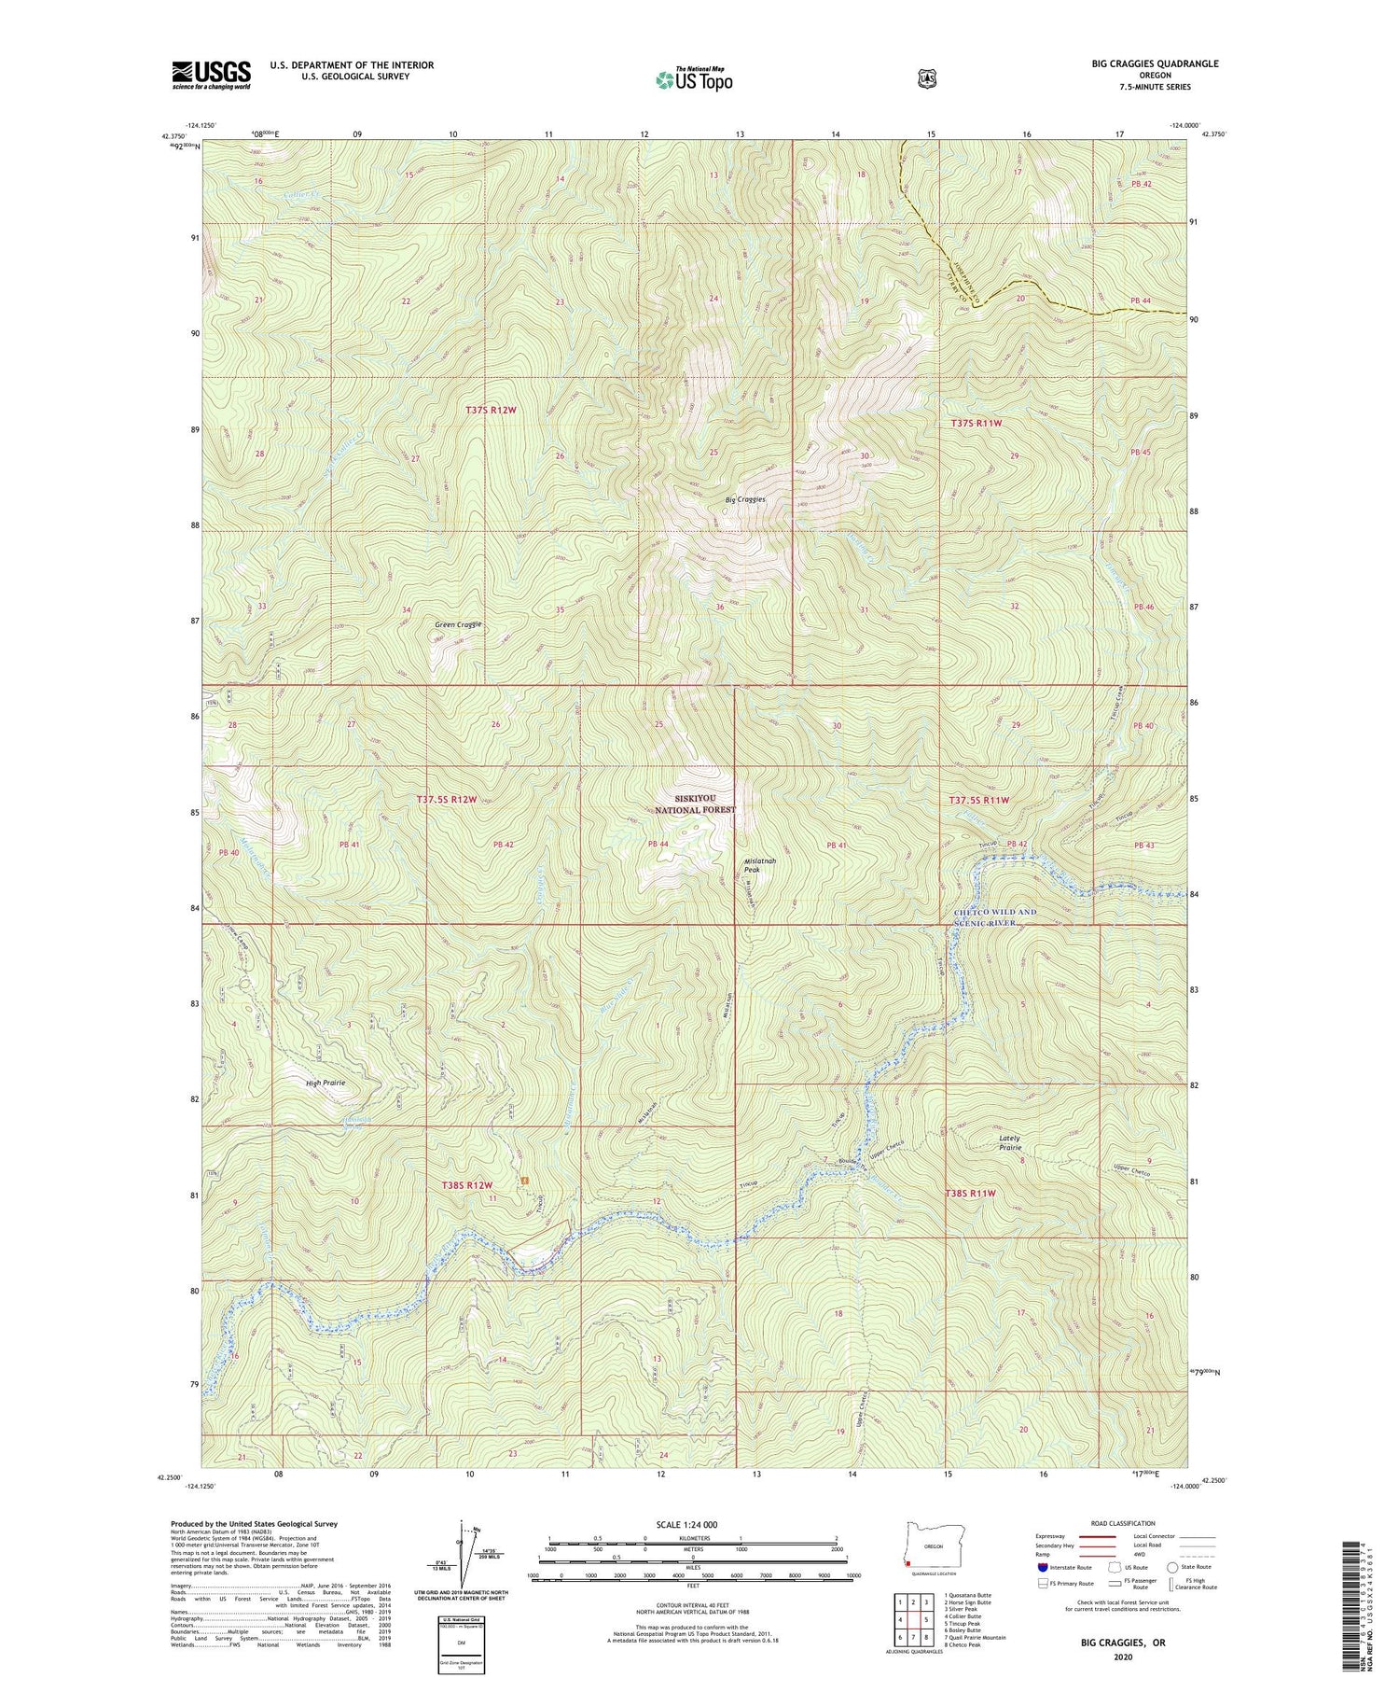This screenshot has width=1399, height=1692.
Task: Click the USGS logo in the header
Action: point(211,75)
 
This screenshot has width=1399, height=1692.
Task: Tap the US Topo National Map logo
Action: point(694,78)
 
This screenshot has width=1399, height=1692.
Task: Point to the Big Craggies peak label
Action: point(745,499)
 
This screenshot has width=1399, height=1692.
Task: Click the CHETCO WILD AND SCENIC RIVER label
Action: point(994,916)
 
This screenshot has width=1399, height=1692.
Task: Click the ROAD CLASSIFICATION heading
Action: point(1107,1524)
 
